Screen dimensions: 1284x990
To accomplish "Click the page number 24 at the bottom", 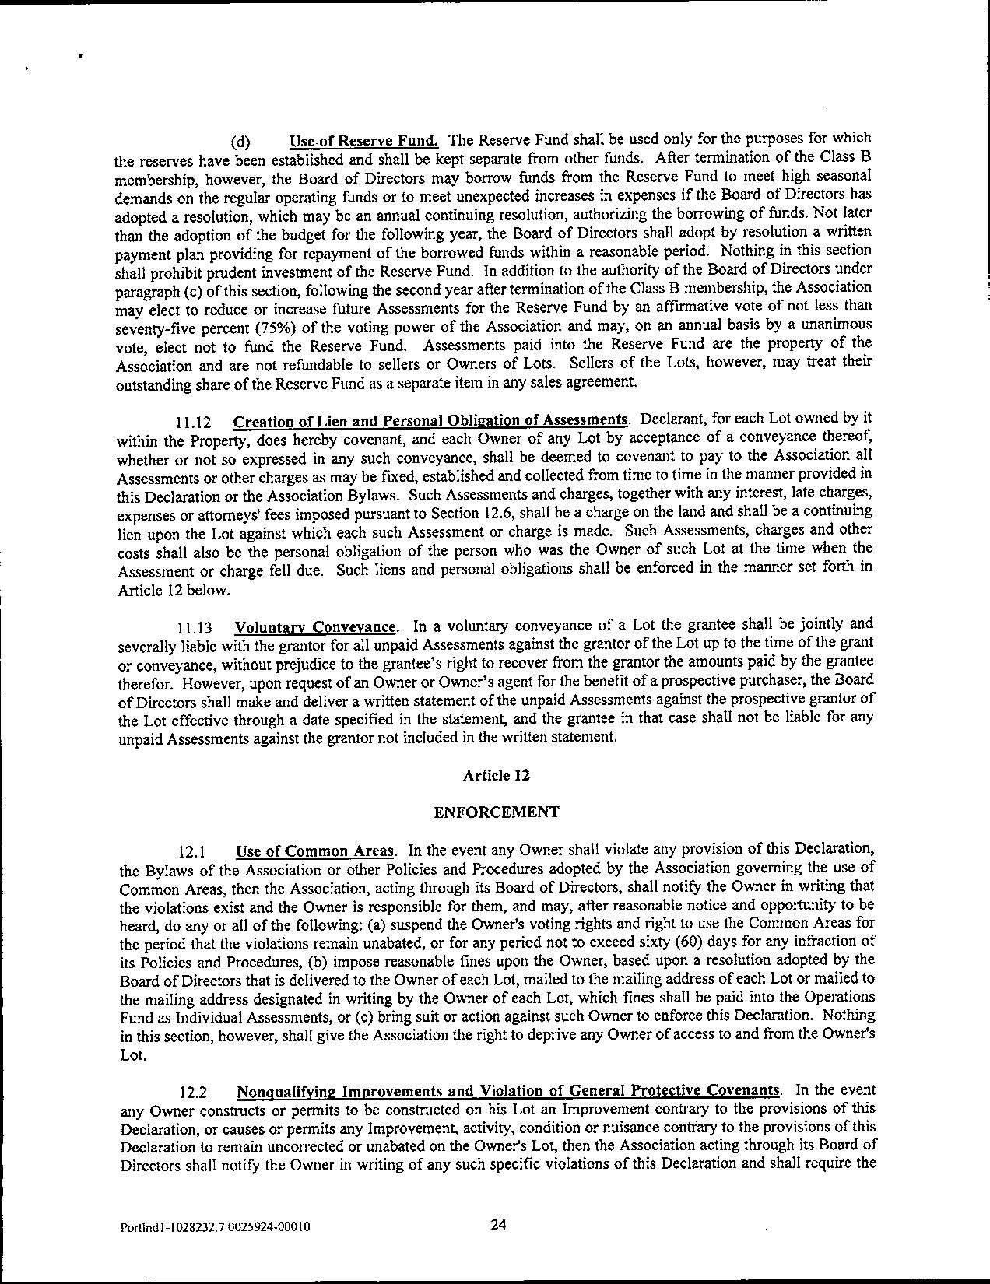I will coord(499,1224).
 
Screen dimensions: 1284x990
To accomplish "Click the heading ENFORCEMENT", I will coord(496,812).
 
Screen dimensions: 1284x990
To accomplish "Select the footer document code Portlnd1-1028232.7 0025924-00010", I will coord(215,1227).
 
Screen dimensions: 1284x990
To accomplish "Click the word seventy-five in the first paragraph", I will coord(154,327).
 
